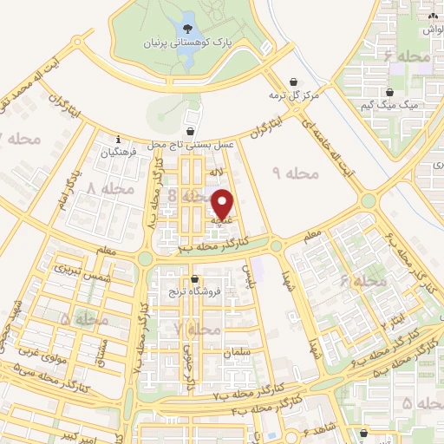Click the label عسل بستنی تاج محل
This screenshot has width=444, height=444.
click(192, 145)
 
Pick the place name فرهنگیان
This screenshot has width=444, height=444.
click(120, 152)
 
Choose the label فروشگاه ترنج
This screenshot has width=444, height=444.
click(195, 292)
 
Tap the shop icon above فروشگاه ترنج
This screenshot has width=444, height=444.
click(195, 279)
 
